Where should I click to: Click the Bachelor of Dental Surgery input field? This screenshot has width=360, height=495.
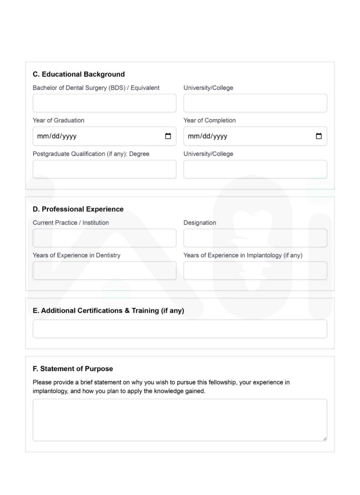105,103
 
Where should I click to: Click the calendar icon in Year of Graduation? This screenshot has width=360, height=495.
168,136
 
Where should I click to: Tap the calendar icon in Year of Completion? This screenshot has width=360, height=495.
318,136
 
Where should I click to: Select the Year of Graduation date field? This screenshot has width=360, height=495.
97,136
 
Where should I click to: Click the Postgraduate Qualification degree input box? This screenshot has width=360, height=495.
105,169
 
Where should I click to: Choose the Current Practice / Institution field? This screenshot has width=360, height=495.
105,238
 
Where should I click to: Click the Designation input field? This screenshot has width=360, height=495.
255,238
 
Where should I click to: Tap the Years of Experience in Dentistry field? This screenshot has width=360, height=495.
105,271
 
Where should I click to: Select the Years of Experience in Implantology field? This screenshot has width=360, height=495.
255,271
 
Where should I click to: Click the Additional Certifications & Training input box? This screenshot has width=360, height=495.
180,329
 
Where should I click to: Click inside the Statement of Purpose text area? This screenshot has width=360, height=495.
180,420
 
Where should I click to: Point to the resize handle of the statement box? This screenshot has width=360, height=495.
324,438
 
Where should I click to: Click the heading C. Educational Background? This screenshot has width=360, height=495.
79,74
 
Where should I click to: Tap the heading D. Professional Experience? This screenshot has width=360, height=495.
78,209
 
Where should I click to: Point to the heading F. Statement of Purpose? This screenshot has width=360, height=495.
73,369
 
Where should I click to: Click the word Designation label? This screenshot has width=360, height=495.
200,223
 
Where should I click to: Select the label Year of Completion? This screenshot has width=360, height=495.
210,120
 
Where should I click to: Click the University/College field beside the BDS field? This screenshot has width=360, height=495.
255,103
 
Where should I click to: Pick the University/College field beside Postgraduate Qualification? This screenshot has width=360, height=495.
255,169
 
